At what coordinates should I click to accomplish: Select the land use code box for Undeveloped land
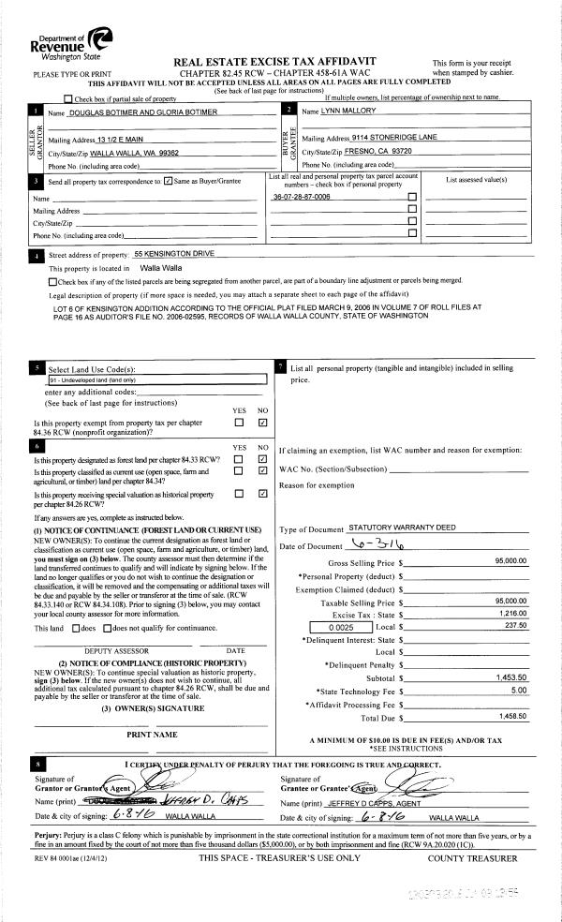tap(156, 381)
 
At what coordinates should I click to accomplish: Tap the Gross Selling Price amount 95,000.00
tap(510, 561)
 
